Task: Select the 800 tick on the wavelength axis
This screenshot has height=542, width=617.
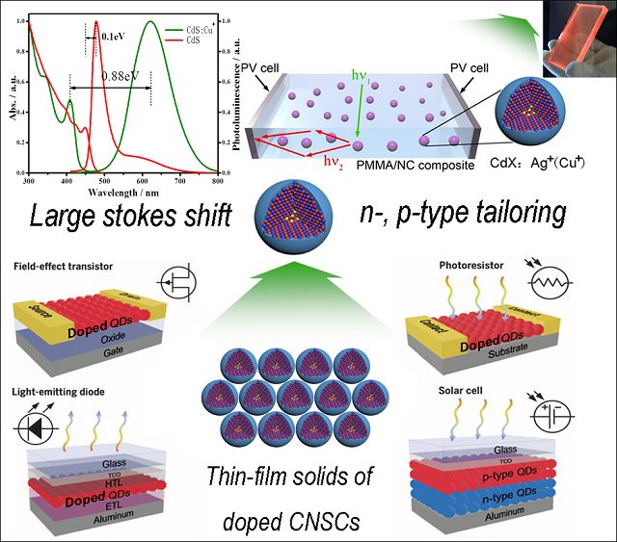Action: click(218, 180)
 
